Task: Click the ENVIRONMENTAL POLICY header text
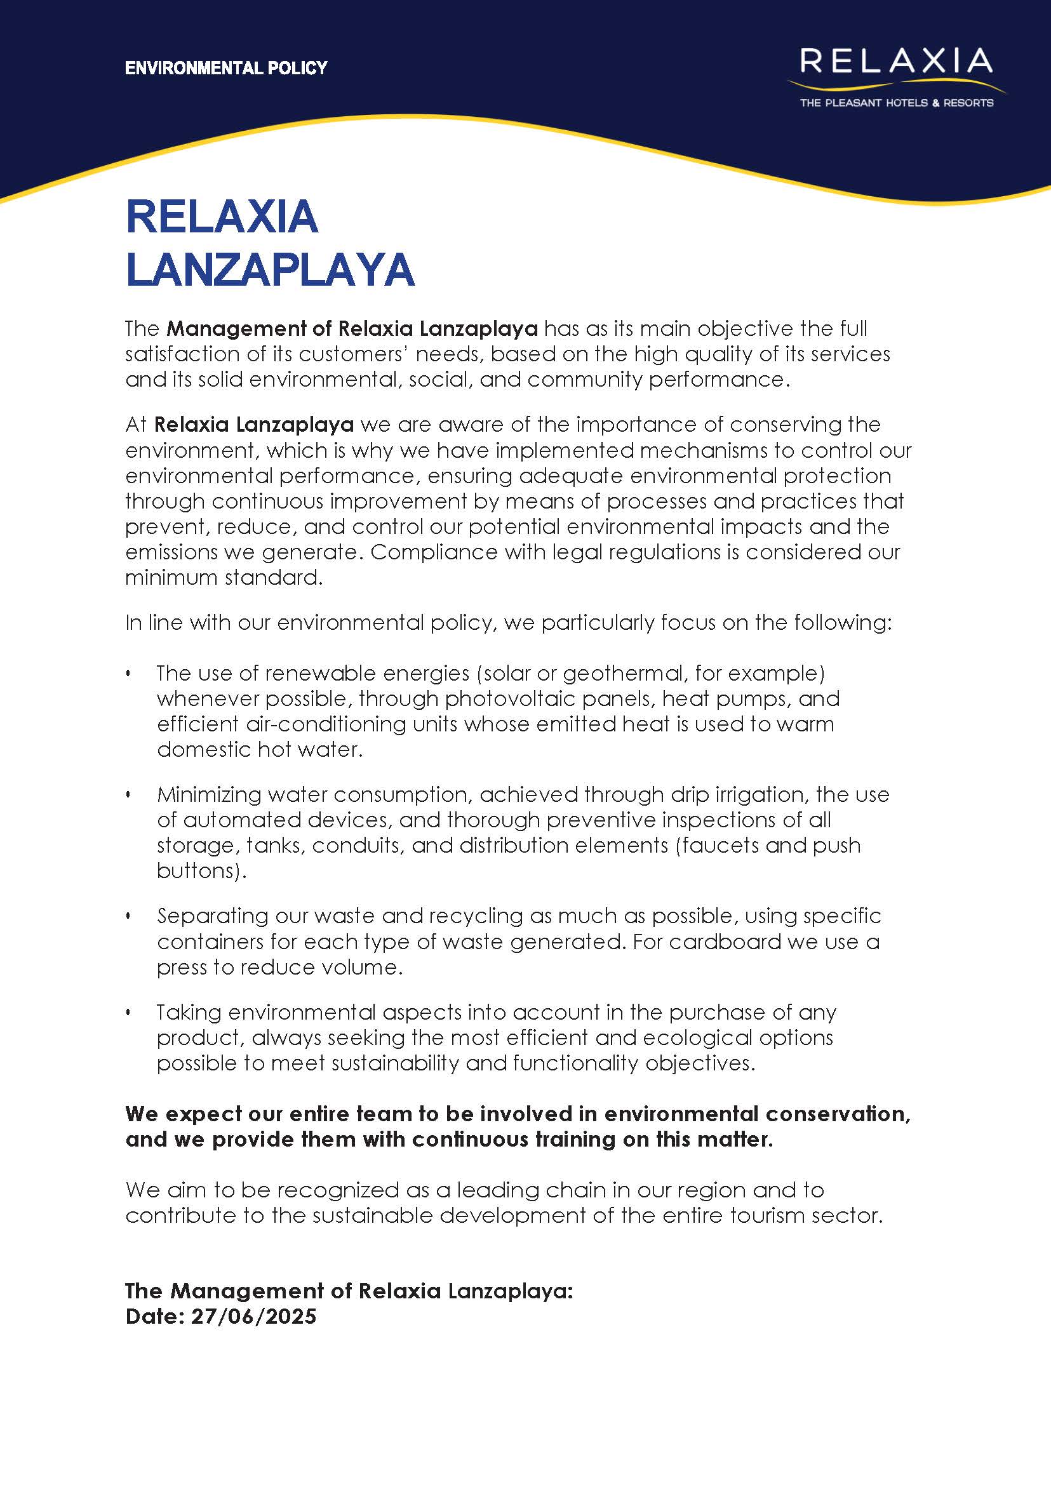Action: click(x=226, y=68)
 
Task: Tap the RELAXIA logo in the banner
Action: click(x=895, y=61)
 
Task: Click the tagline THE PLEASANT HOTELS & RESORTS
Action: click(x=896, y=103)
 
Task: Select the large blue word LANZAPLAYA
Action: click(x=270, y=269)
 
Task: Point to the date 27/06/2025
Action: click(x=253, y=1316)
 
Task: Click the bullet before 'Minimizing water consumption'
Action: click(x=128, y=795)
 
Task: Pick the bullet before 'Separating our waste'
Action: click(x=128, y=916)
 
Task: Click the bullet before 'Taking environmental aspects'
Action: click(x=128, y=1013)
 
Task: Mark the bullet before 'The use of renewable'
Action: click(x=128, y=674)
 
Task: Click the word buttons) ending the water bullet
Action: click(x=201, y=871)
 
